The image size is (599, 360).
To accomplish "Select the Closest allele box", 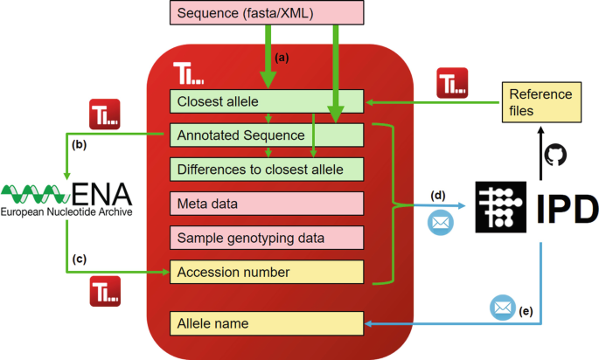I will pos(266,102).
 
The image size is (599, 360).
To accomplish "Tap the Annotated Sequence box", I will pos(266,135).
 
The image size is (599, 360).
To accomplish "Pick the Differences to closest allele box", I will pos(266,169).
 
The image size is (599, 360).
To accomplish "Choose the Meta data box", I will pos(266,204).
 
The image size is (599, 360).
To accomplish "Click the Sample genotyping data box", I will pos(266,238).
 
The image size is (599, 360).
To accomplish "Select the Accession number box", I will pos(266,273).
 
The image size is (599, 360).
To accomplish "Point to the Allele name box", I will pos(266,323).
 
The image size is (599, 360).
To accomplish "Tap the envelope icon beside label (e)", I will pos(502,308).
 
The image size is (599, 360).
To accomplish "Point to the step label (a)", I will pos(282,58).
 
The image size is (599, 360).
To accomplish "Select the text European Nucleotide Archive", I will pos(66,211).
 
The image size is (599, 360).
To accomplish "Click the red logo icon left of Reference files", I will pos(453,86).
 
